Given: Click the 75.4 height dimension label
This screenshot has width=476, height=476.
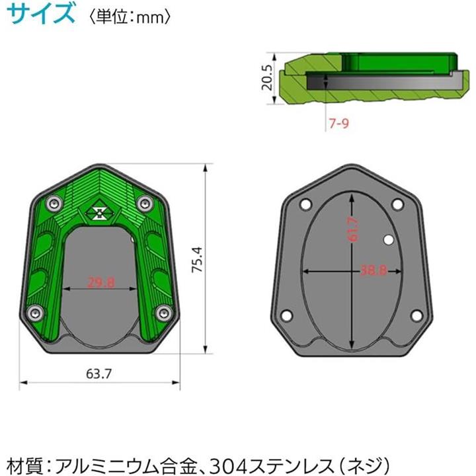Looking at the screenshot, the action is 197,260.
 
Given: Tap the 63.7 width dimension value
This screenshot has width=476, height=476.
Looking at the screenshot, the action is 99,374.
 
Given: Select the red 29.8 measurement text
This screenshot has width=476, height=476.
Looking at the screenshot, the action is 101,282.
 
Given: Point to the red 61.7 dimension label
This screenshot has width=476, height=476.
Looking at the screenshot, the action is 352,229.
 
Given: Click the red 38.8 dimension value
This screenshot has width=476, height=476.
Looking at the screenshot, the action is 374,270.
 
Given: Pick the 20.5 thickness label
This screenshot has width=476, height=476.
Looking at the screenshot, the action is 267,78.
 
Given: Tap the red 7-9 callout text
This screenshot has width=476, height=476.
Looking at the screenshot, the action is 339,123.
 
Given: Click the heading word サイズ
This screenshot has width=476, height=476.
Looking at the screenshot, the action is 41,14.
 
